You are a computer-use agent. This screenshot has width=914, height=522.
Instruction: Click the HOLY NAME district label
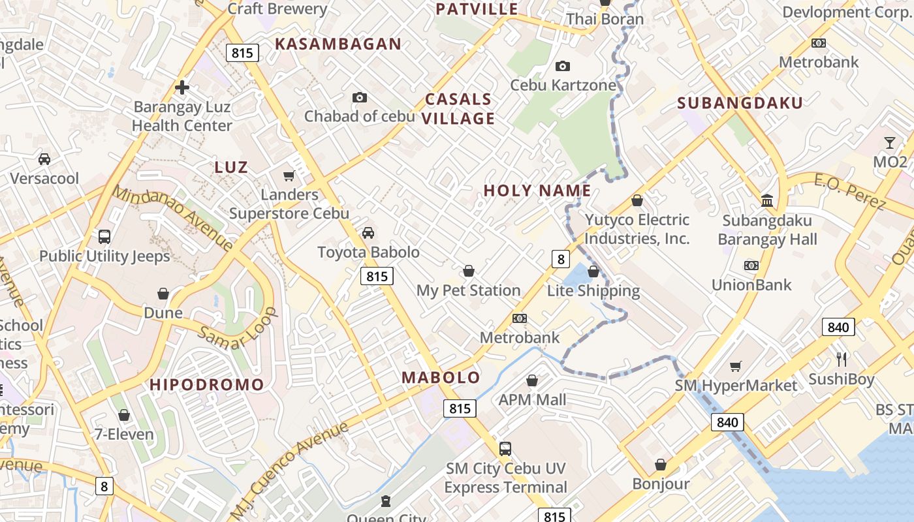click(x=537, y=191)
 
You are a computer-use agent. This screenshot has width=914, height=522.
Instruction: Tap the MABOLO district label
click(x=441, y=377)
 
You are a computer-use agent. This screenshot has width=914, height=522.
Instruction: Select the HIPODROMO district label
click(x=206, y=384)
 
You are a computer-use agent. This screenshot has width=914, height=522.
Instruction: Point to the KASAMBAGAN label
click(x=338, y=44)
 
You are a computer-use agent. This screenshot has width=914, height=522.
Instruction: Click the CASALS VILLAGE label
click(x=459, y=108)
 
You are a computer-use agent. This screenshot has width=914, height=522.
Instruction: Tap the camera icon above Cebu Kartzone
click(x=562, y=66)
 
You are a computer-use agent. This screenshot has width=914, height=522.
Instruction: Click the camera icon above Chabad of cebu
click(x=359, y=97)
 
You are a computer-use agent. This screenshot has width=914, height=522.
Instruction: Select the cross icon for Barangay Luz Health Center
click(x=182, y=87)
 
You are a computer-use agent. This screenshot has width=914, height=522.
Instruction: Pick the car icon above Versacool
click(x=44, y=159)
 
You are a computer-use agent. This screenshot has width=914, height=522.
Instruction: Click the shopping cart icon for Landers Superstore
click(x=289, y=176)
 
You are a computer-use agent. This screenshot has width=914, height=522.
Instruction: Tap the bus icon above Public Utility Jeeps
click(x=104, y=236)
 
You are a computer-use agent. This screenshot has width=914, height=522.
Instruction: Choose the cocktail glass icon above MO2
click(x=890, y=142)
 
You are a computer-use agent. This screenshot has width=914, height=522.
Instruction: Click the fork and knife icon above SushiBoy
click(x=842, y=359)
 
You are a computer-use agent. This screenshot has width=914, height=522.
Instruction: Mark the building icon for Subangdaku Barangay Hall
click(x=767, y=200)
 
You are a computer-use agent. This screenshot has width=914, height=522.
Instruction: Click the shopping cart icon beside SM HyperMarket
click(x=736, y=366)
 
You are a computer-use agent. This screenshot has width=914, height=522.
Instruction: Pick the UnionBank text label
click(x=751, y=284)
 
